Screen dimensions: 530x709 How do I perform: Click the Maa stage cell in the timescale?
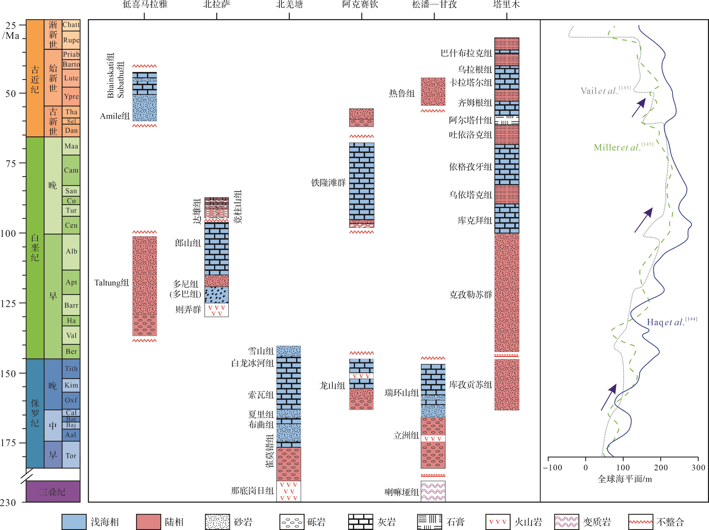coord(71,146)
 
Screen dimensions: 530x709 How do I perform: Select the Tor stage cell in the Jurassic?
coord(71,456)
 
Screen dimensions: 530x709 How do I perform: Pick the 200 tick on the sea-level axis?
coord(661,467)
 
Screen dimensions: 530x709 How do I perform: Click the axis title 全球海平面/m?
coord(624,479)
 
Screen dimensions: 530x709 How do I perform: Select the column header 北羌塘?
coord(289,5)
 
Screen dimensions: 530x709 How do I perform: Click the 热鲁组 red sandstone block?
coord(433,91)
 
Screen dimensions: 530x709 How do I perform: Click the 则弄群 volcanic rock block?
coord(217,310)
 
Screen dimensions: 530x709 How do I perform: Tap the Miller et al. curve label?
coord(623,147)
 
